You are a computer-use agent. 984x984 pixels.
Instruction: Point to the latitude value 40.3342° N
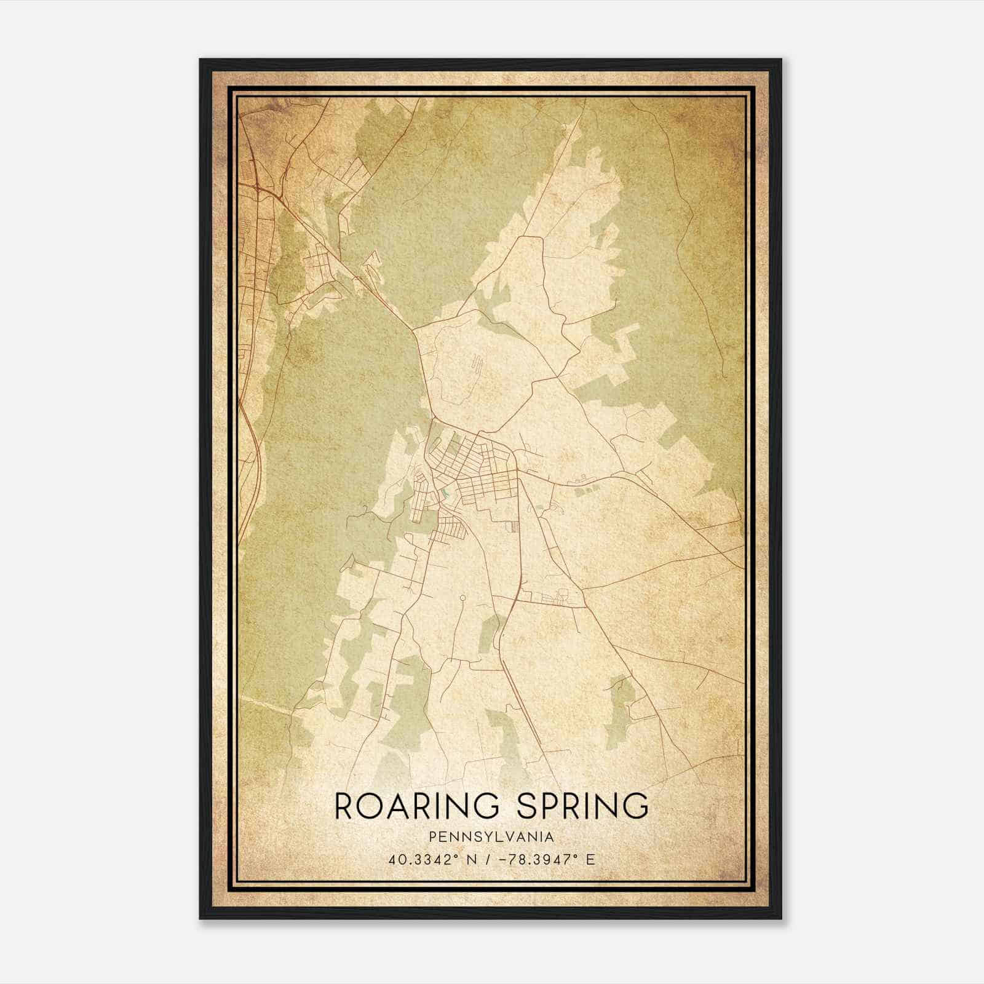click(425, 860)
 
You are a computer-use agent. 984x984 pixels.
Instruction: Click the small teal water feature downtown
click(445, 493)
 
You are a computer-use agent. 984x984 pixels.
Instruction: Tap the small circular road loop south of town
click(462, 597)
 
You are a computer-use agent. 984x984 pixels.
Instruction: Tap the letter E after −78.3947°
click(590, 860)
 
